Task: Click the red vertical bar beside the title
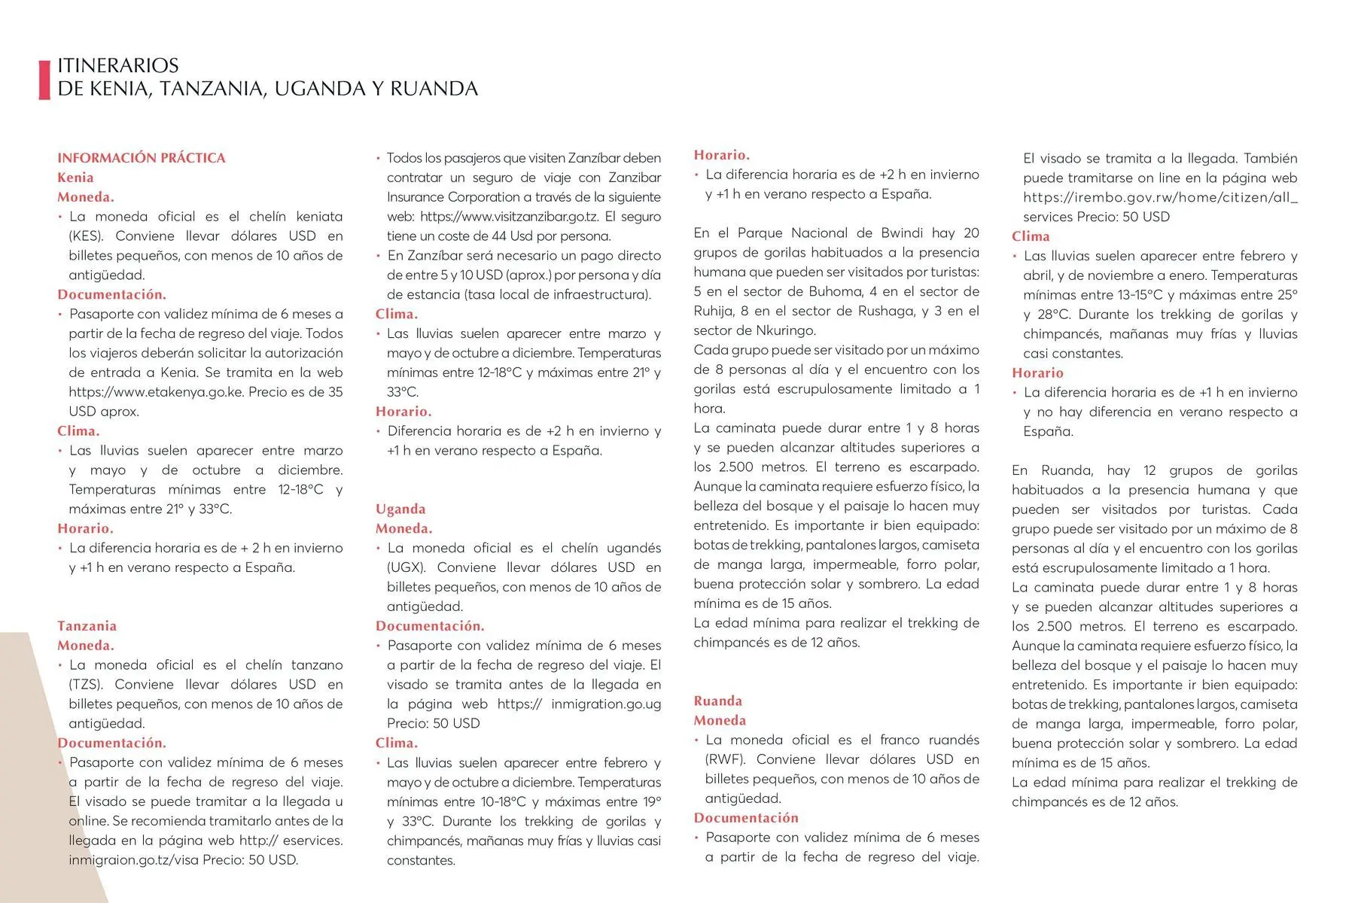click(x=44, y=79)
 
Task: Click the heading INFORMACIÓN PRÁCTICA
click(x=141, y=158)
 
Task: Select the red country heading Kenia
click(x=75, y=178)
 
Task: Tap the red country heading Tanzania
click(x=87, y=626)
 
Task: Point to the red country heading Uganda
click(x=400, y=509)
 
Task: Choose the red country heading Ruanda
click(x=717, y=701)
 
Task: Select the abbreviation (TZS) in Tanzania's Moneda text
click(x=85, y=685)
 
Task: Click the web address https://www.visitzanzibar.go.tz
click(x=509, y=217)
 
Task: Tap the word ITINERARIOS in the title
click(x=118, y=65)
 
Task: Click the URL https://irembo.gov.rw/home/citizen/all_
click(x=1159, y=198)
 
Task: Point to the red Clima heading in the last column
click(x=1030, y=236)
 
